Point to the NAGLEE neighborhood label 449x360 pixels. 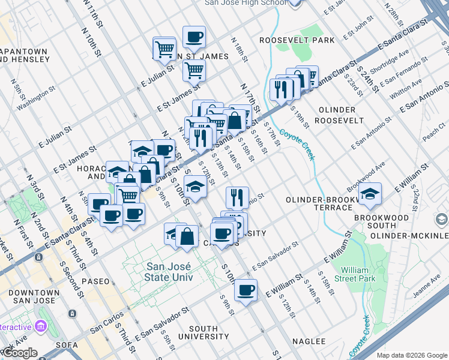(x=309, y=341)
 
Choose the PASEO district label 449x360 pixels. (x=96, y=281)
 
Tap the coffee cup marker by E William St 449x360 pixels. (x=246, y=290)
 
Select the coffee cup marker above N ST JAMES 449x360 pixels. (x=194, y=37)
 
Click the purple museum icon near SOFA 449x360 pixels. (x=41, y=327)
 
